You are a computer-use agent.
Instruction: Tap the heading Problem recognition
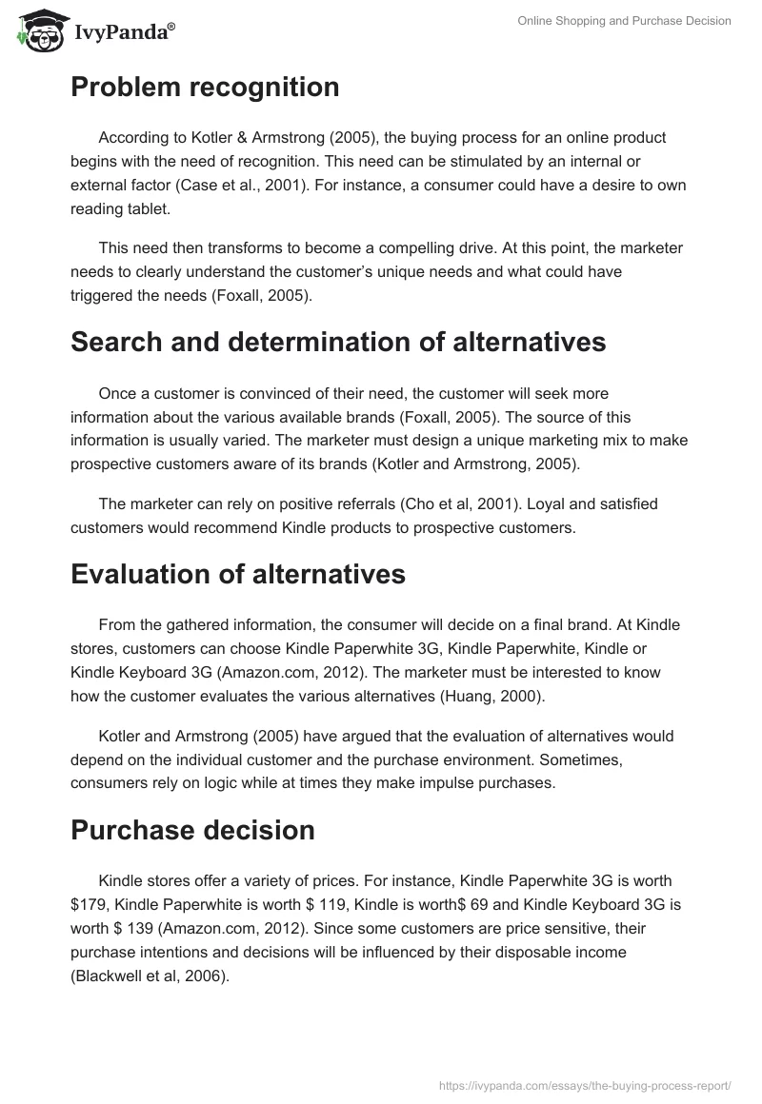pyautogui.click(x=205, y=88)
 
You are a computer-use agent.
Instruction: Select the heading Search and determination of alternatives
pyautogui.click(x=338, y=343)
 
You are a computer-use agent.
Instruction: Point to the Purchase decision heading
pyautogui.click(x=192, y=830)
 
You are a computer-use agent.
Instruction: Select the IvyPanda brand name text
pyautogui.click(x=122, y=32)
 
